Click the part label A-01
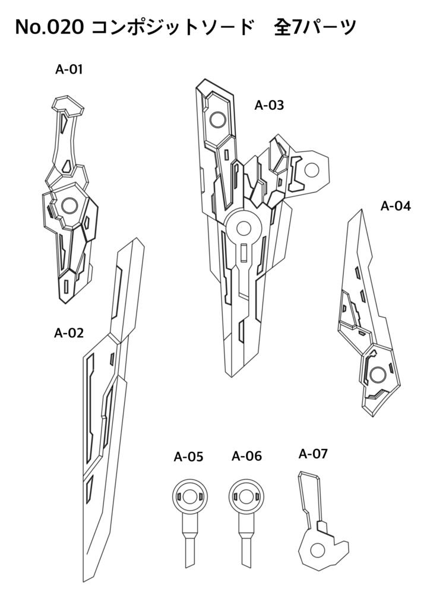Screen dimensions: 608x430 pyautogui.click(x=69, y=69)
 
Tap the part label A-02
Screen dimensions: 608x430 pyautogui.click(x=69, y=332)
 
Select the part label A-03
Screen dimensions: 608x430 pyautogui.click(x=269, y=106)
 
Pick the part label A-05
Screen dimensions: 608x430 pyautogui.click(x=188, y=457)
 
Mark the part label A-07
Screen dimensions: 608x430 pyautogui.click(x=313, y=454)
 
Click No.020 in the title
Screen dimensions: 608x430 pyautogui.click(x=49, y=26)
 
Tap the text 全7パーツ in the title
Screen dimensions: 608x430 pyautogui.click(x=315, y=26)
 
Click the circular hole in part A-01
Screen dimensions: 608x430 pyautogui.click(x=68, y=205)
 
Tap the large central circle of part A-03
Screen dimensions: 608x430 pyautogui.click(x=244, y=227)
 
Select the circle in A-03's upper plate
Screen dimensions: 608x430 pyautogui.click(x=216, y=120)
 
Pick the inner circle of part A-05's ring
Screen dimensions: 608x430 pyautogui.click(x=189, y=496)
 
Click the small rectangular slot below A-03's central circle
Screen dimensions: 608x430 pyautogui.click(x=244, y=254)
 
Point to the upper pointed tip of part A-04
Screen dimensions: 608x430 pyautogui.click(x=360, y=211)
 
